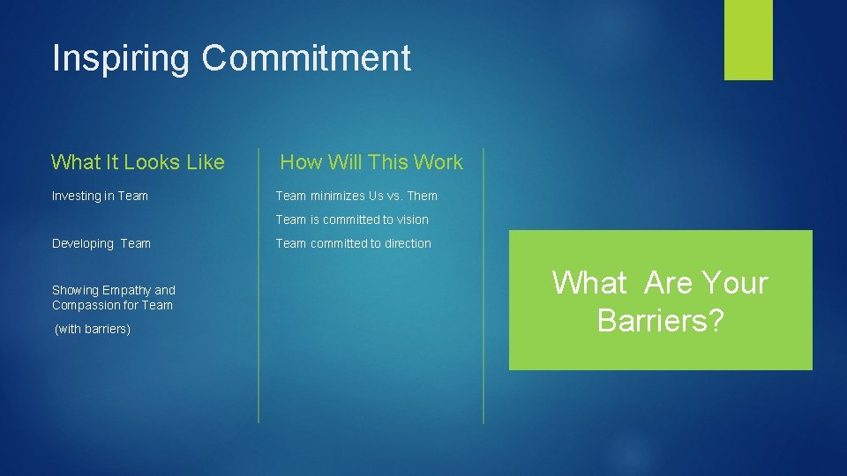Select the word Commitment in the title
click(306, 58)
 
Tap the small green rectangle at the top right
click(748, 39)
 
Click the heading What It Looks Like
click(138, 162)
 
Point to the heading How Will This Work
click(371, 162)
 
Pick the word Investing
click(76, 197)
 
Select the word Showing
click(75, 291)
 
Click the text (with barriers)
click(93, 330)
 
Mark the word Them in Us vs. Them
click(422, 196)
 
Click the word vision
click(411, 219)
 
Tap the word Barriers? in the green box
click(660, 321)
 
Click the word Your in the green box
click(732, 283)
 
